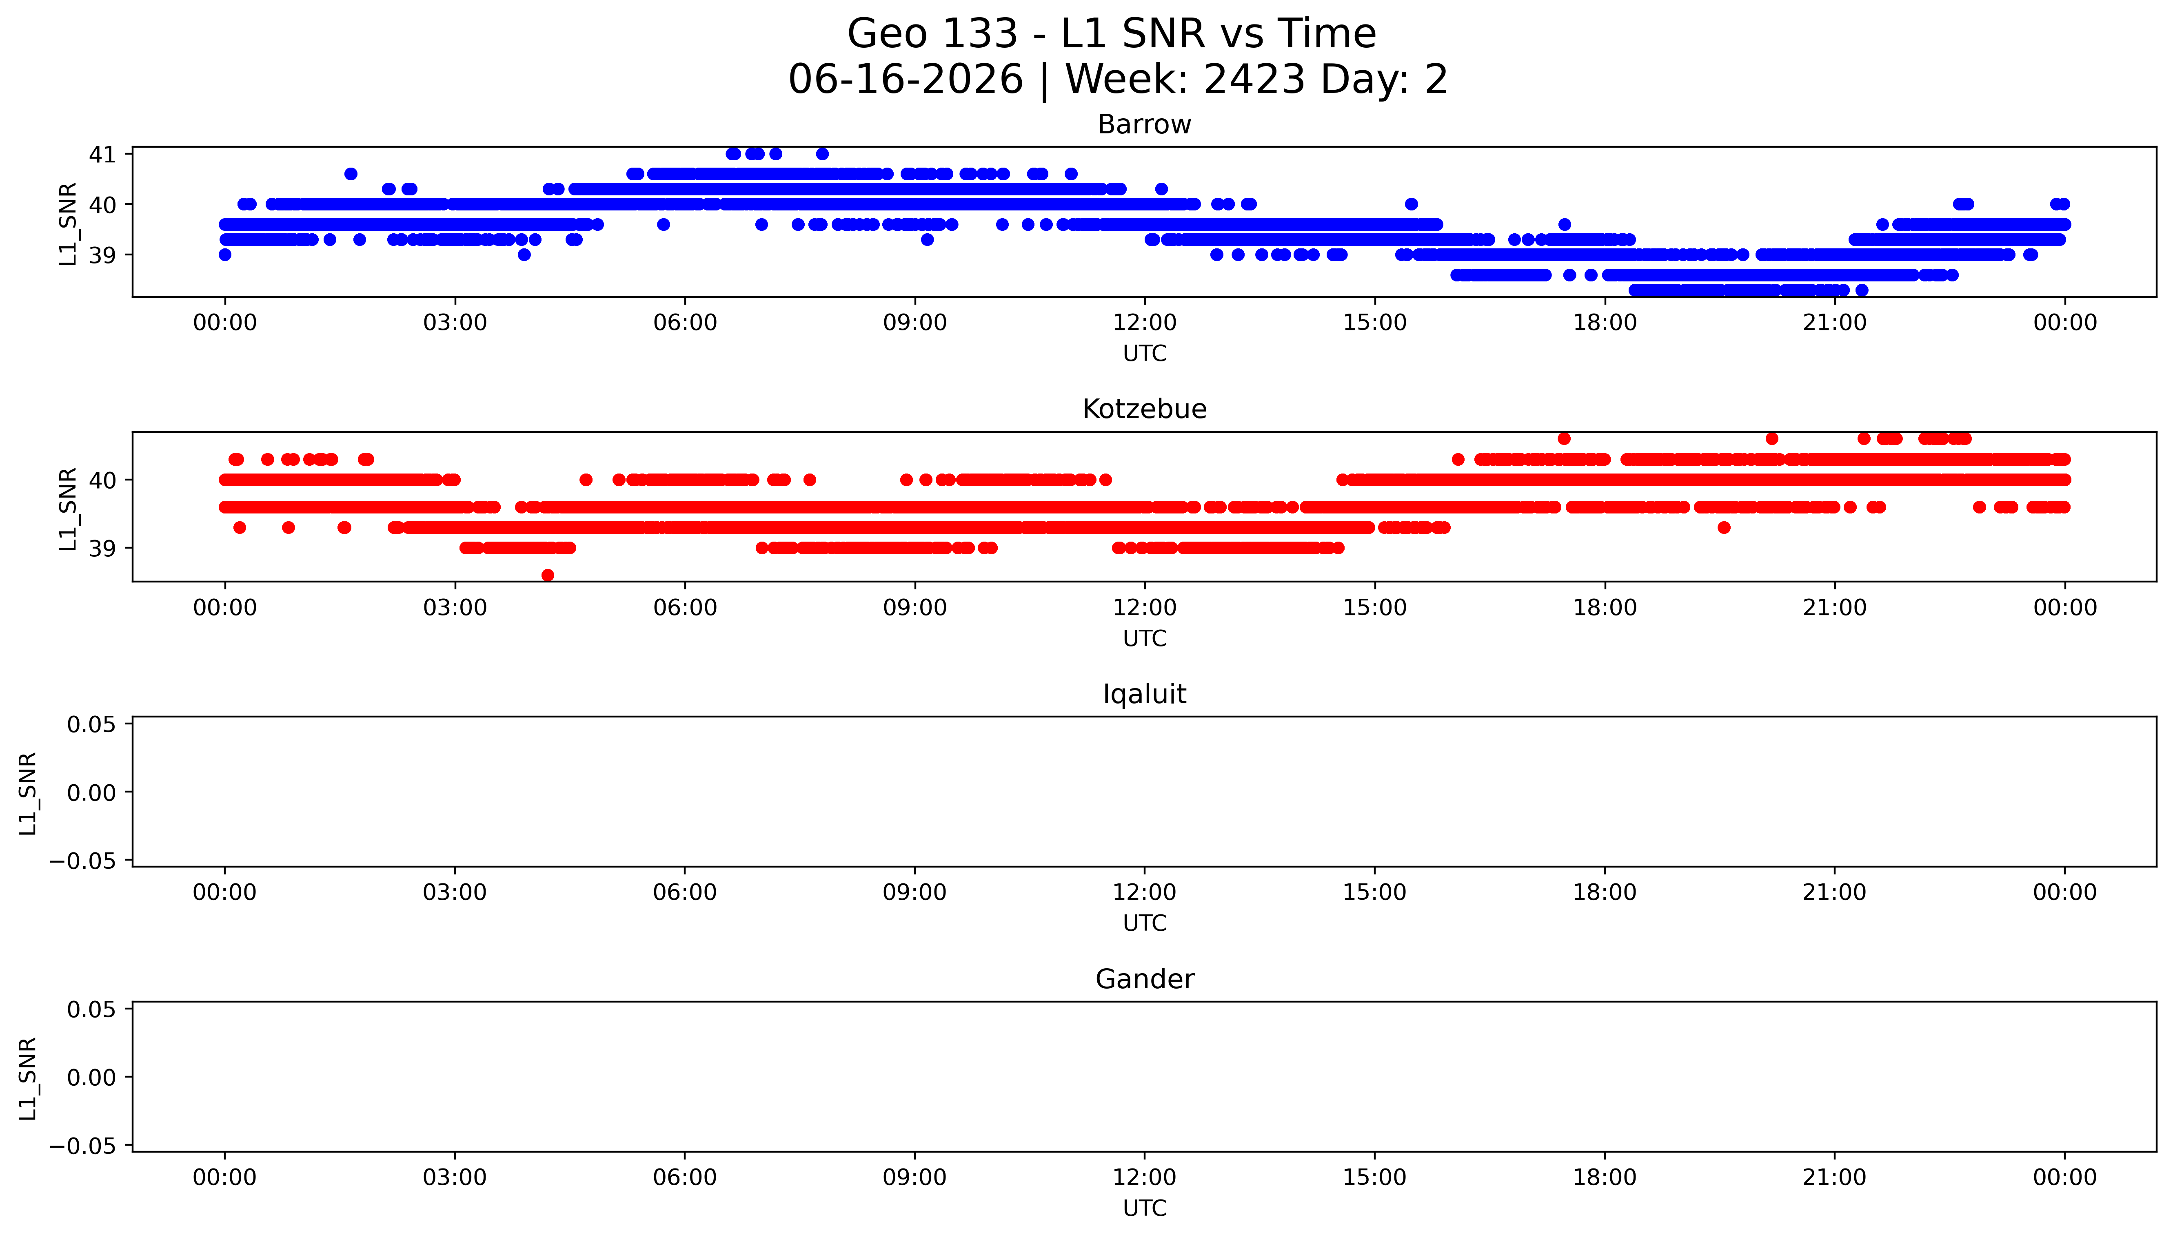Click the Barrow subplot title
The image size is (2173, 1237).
coord(1144,125)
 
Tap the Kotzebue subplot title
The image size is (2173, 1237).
coord(1144,409)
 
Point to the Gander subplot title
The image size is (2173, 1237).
coord(1144,980)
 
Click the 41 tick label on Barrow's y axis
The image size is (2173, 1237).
coord(102,155)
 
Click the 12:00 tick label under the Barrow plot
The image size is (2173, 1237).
coord(1145,323)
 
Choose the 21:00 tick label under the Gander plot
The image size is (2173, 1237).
coord(1835,1177)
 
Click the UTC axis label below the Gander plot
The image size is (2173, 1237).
coord(1145,1208)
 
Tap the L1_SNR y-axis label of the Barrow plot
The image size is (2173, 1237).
coord(68,224)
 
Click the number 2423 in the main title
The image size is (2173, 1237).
coord(1254,80)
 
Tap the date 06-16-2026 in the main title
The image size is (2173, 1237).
coord(906,80)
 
